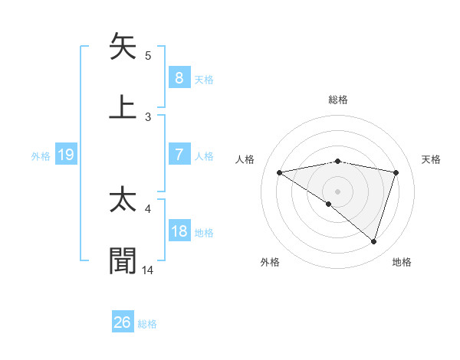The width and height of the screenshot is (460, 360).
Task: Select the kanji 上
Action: pos(123,106)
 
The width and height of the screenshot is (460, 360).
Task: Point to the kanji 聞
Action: pos(123,260)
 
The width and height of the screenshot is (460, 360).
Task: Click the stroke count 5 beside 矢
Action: pos(148,55)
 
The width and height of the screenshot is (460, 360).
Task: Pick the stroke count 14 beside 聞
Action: pos(148,270)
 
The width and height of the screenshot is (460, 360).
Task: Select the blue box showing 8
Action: pos(179,77)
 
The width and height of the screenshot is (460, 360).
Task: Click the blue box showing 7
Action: pos(179,155)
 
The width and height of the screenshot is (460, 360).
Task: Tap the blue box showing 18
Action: pos(179,231)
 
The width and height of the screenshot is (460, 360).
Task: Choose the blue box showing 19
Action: pos(66,155)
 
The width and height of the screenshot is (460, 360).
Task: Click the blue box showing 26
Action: pos(123,322)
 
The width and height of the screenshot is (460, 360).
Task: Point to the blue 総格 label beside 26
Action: pos(147,324)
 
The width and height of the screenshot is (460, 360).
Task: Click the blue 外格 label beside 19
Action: pos(41,156)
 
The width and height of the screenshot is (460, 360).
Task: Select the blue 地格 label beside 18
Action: pos(204,233)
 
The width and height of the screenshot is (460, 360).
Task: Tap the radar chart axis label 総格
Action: pos(338,100)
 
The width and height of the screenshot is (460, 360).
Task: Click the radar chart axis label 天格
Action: pos(432,159)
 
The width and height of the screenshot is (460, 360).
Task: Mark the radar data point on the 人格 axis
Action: pos(280,172)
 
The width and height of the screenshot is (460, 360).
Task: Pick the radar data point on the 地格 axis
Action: pos(374,241)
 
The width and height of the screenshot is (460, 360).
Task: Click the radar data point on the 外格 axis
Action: pos(329,204)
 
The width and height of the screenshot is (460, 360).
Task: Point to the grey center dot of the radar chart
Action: pos(338,191)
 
